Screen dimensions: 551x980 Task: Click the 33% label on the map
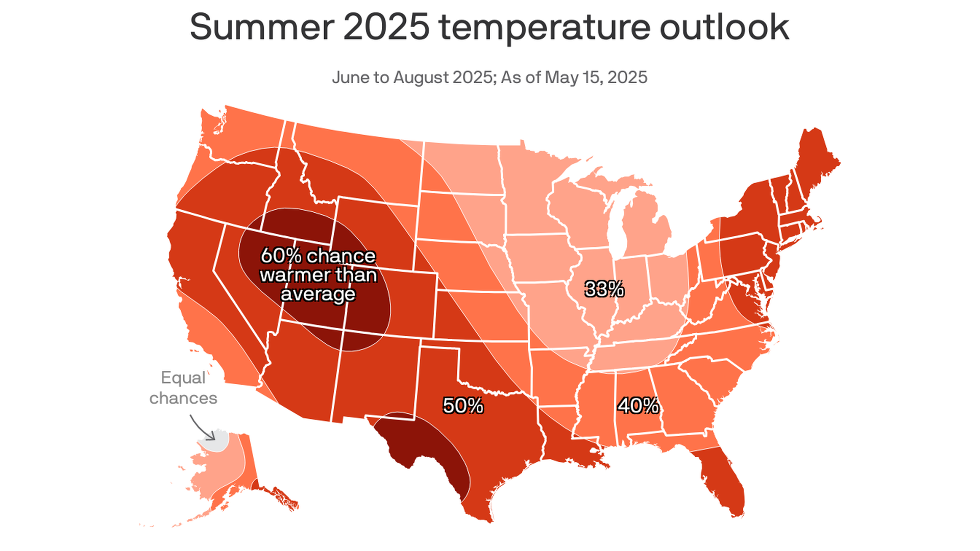(604, 289)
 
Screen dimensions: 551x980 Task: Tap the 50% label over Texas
(463, 406)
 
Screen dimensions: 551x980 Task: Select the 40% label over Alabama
(639, 406)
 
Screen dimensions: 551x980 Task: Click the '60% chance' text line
(318, 256)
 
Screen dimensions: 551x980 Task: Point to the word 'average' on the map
(318, 294)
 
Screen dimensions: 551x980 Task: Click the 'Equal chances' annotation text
(183, 388)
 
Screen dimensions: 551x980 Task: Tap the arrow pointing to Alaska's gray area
(203, 428)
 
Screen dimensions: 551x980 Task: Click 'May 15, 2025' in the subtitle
(596, 78)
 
